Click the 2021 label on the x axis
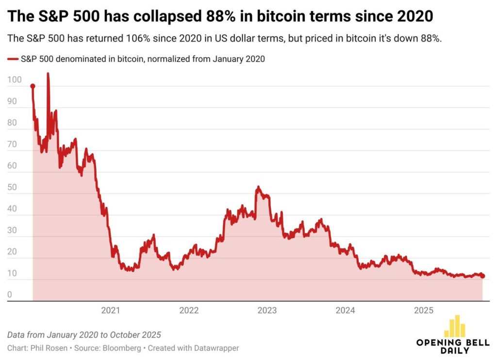click(111, 311)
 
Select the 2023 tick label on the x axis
click(267, 311)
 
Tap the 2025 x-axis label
click(424, 311)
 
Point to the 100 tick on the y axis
click(15, 80)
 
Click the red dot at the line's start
click(33, 86)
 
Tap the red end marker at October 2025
click(482, 276)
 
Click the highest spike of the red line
click(48, 74)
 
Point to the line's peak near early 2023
click(258, 187)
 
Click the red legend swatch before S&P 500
click(13, 59)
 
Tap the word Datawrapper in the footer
click(217, 348)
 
